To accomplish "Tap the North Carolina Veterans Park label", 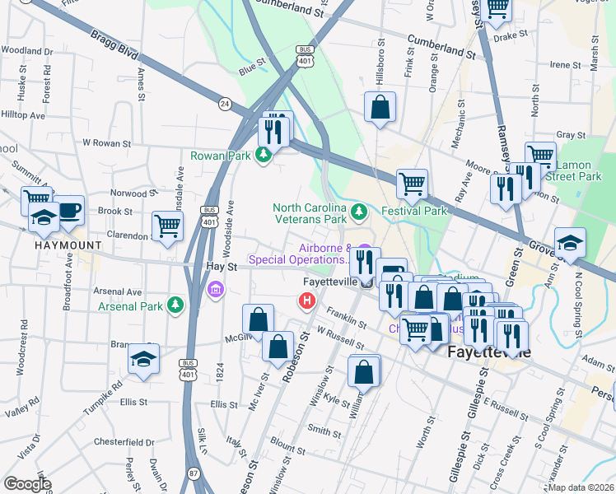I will click(x=310, y=214).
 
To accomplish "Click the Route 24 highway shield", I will click(x=224, y=104).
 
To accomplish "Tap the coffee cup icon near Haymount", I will click(x=68, y=209).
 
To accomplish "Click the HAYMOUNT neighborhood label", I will click(x=68, y=245).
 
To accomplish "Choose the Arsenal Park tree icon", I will click(x=175, y=306).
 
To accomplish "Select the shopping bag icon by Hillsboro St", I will click(x=380, y=107).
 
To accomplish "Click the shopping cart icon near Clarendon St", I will click(x=167, y=226).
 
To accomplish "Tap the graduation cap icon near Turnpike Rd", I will click(x=143, y=361).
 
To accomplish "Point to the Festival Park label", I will click(x=413, y=211).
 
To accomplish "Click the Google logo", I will click(x=28, y=484).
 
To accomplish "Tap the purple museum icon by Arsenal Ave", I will click(x=216, y=289).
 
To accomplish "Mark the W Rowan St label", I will click(x=107, y=142).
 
